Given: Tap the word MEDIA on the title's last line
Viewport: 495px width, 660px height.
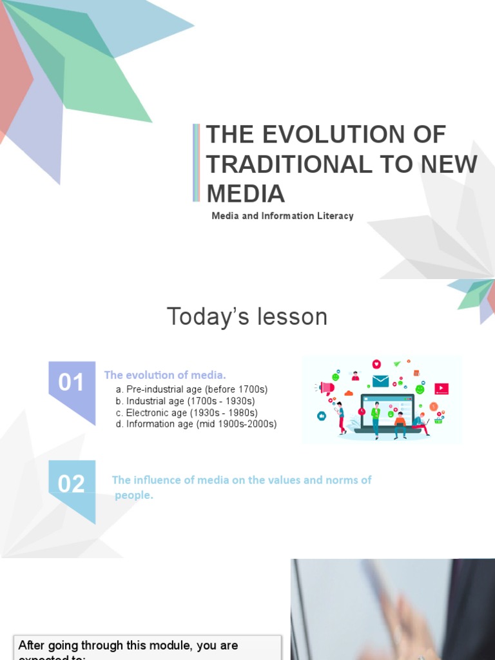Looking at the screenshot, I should point(246,193).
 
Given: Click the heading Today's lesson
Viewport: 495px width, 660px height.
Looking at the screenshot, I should point(247,316).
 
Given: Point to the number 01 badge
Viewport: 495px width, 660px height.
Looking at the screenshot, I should point(72,383).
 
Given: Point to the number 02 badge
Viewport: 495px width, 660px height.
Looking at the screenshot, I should point(72,483).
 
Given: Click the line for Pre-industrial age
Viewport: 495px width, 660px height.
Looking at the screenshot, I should point(191,389).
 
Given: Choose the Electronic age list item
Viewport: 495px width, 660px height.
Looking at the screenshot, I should point(186,412).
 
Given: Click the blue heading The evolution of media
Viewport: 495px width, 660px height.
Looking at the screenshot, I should point(165,374).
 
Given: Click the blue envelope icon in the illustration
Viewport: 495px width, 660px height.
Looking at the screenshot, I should point(380,381).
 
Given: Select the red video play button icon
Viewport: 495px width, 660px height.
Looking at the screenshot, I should point(442,389).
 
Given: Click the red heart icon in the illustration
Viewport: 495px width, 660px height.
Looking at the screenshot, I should point(376,364).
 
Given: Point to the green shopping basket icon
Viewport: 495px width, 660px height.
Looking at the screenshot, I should point(439,420).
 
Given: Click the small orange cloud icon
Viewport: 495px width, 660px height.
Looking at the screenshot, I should point(349,393).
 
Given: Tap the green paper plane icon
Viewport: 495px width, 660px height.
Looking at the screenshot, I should point(397,364).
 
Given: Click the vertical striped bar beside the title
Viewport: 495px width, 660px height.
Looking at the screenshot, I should point(197,162).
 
